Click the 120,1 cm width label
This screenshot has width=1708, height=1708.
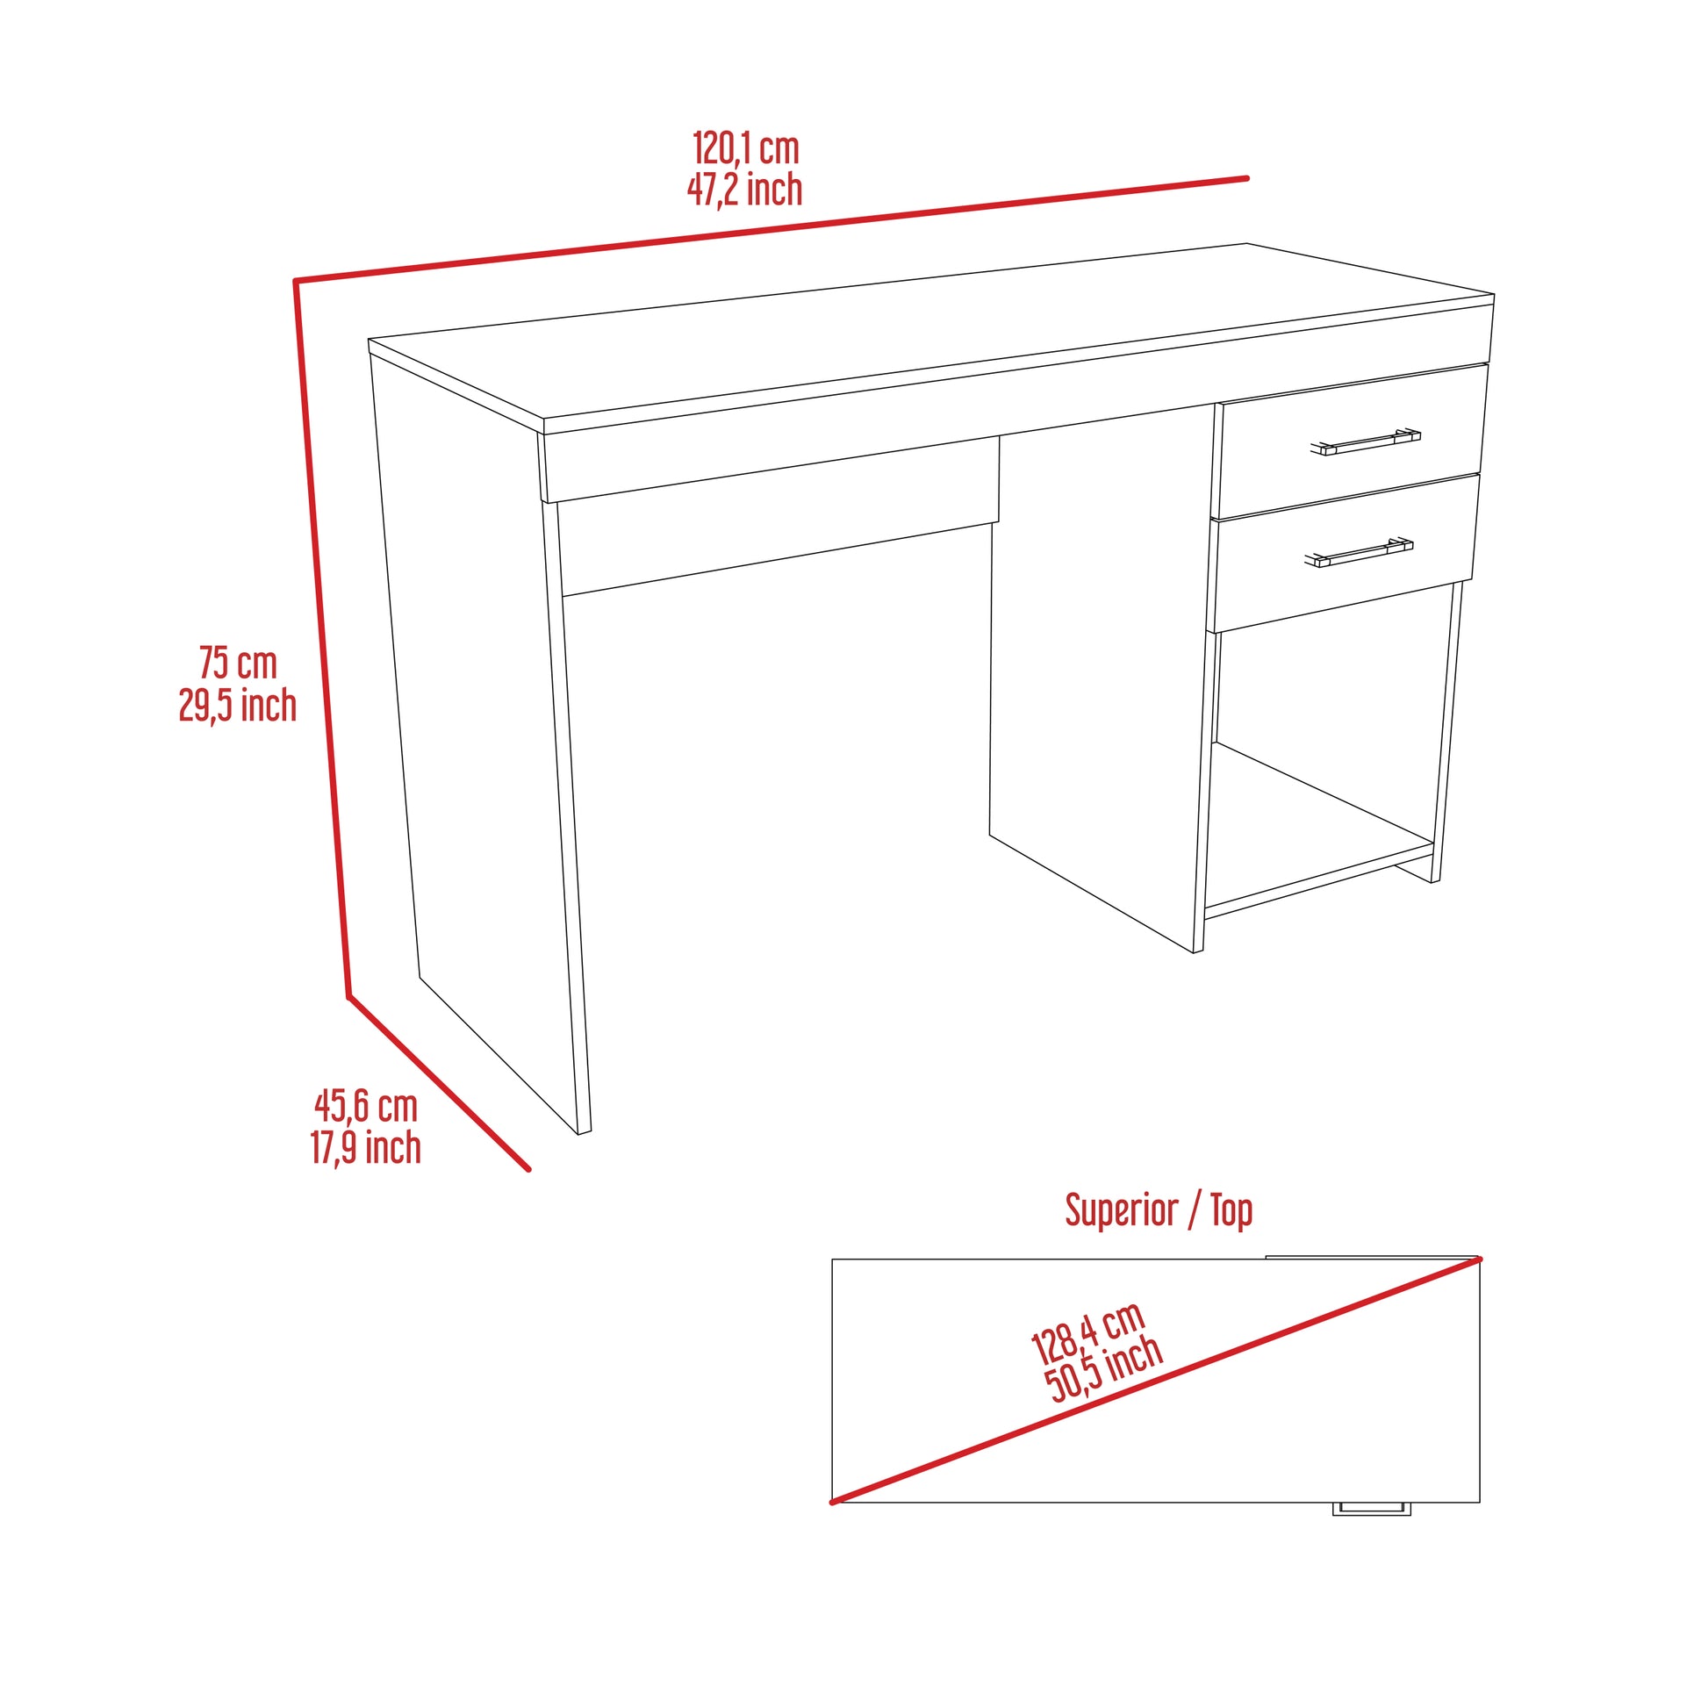click(x=745, y=148)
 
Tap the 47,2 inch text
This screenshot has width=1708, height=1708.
click(x=745, y=190)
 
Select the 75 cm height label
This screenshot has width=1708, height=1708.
click(x=238, y=663)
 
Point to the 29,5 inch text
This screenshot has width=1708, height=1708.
click(x=238, y=706)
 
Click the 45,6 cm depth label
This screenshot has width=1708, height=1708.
click(x=365, y=1106)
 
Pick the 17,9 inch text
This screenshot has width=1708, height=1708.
click(x=365, y=1148)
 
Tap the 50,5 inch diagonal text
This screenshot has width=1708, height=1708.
click(x=1104, y=1369)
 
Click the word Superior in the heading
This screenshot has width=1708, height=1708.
click(x=1121, y=1210)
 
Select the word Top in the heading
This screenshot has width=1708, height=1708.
click(x=1231, y=1210)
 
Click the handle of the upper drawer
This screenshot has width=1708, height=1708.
click(x=1365, y=442)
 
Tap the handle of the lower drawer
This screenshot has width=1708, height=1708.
click(x=1359, y=552)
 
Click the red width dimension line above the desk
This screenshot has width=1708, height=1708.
click(x=769, y=230)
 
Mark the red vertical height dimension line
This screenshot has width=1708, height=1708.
click(x=321, y=636)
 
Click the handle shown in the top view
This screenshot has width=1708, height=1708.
click(x=1371, y=1508)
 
